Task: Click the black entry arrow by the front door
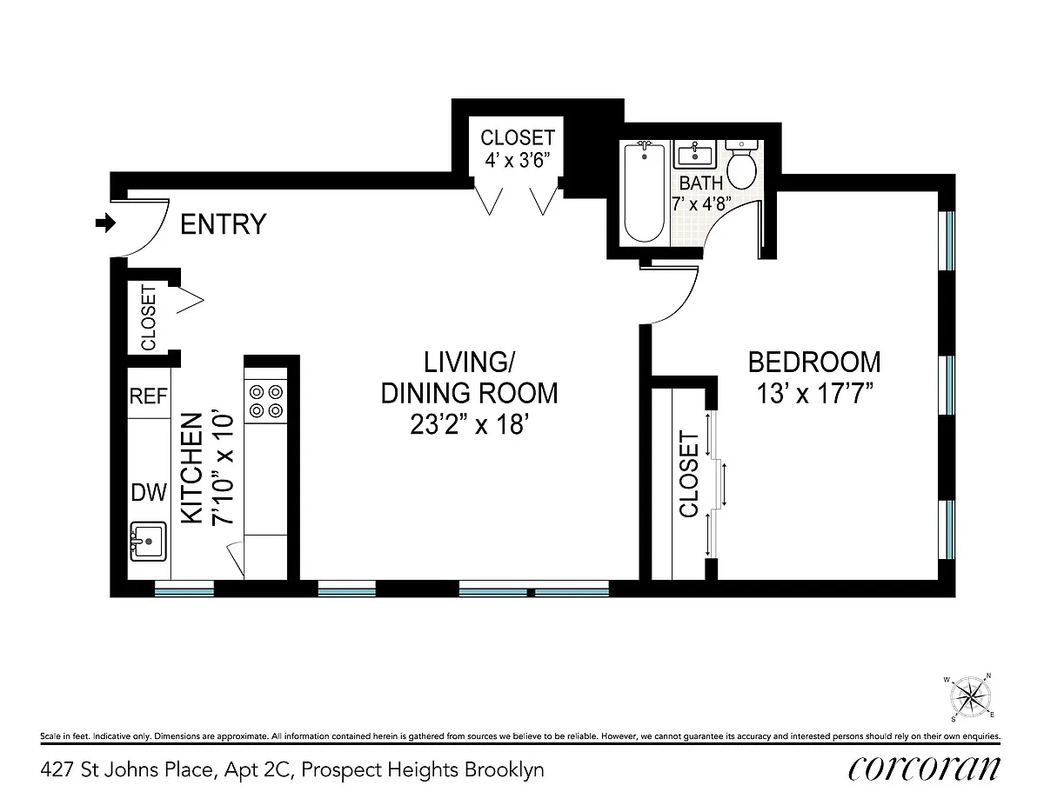[105, 223]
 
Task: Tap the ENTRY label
[223, 224]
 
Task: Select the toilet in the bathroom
[742, 164]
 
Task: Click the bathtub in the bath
[645, 192]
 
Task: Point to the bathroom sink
[695, 154]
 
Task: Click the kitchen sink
[149, 542]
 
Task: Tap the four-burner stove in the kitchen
[265, 402]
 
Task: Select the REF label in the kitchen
[149, 396]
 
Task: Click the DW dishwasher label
[149, 493]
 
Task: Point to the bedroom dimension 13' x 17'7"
[814, 395]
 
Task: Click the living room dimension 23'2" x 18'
[470, 424]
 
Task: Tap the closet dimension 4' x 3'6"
[517, 160]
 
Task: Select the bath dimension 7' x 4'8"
[701, 204]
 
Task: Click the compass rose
[970, 696]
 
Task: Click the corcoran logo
[924, 769]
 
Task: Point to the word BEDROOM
[814, 363]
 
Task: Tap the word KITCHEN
[191, 469]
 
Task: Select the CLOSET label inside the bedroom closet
[689, 474]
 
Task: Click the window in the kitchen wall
[184, 589]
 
